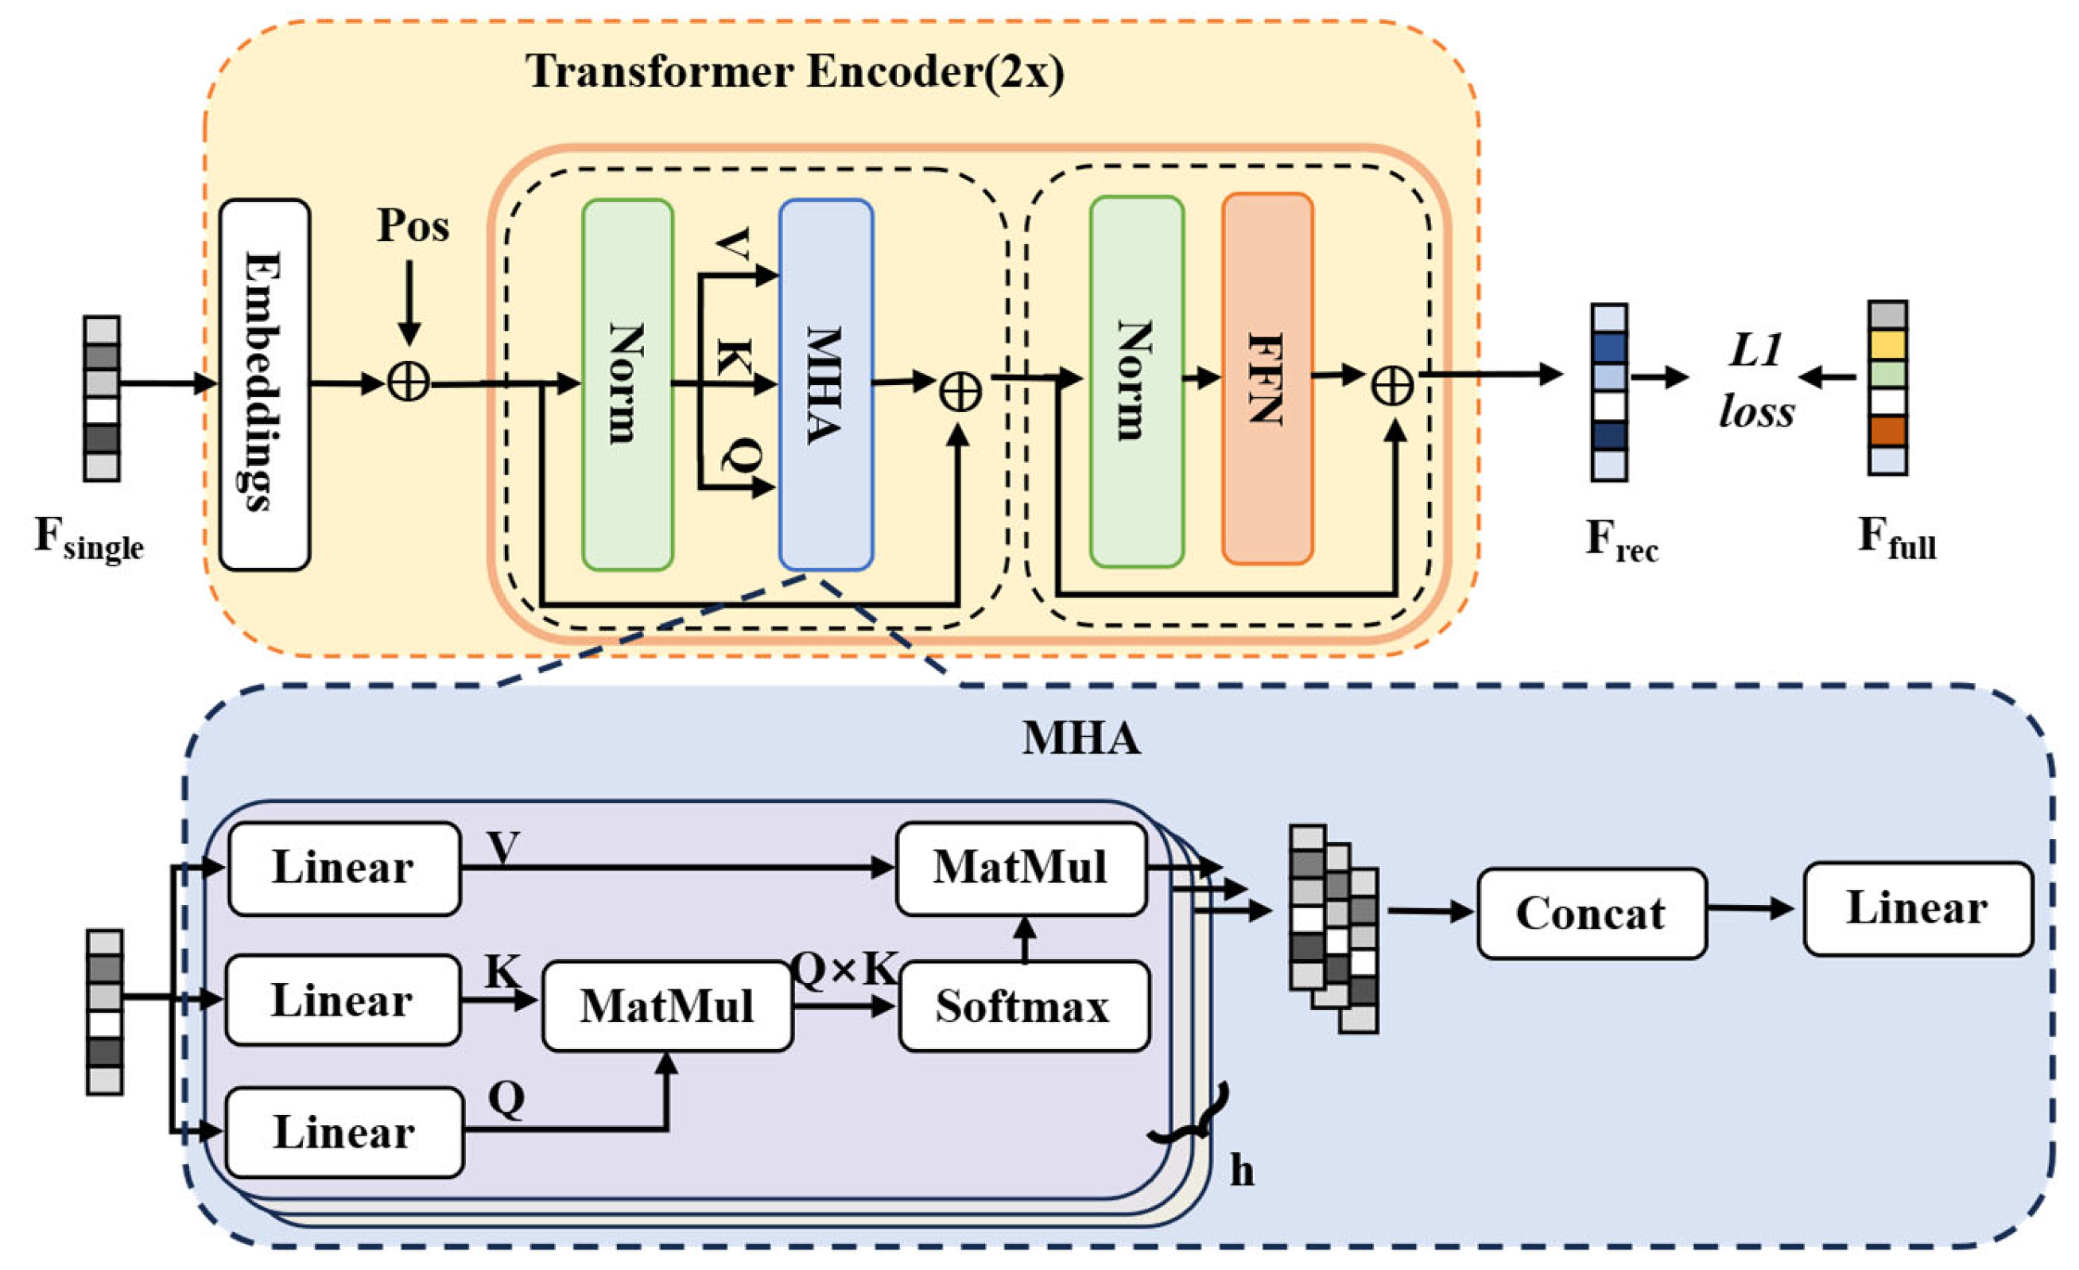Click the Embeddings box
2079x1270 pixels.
(265, 385)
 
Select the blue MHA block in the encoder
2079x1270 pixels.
(826, 385)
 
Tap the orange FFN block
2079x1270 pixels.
(1267, 379)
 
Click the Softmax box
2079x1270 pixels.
(1024, 1006)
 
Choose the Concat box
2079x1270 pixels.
(1592, 914)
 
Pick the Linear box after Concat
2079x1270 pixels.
(1918, 909)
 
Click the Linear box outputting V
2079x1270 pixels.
(344, 868)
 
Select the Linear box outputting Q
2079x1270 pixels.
(344, 1132)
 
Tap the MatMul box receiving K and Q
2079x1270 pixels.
(667, 1006)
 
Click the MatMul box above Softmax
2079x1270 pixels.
(1021, 868)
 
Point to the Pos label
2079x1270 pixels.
(413, 225)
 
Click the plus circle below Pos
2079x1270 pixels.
(409, 383)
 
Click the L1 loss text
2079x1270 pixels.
(1757, 381)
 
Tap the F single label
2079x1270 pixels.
(88, 538)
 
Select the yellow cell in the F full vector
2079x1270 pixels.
(1887, 344)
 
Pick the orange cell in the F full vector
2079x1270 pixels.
(1887, 431)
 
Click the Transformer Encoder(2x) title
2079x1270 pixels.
(795, 72)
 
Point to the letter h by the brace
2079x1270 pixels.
(1241, 1170)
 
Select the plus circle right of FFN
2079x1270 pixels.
(1392, 387)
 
